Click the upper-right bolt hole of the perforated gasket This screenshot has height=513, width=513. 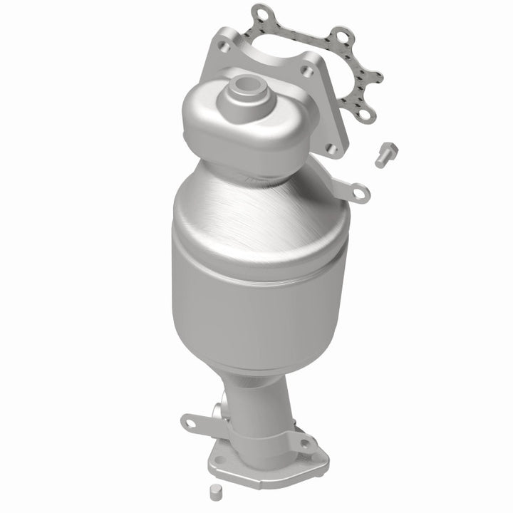click(x=344, y=37)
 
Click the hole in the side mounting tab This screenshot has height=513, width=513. click(x=361, y=191)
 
